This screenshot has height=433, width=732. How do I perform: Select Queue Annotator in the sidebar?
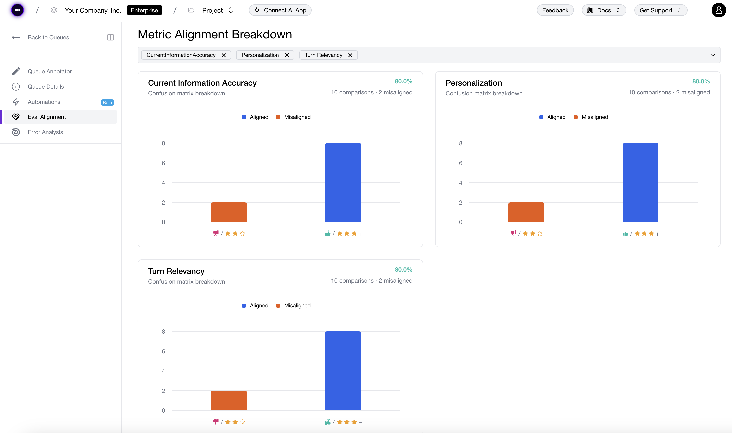pyautogui.click(x=50, y=72)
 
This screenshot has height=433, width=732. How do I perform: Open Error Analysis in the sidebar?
pyautogui.click(x=45, y=132)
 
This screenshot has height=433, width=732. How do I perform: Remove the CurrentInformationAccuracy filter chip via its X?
pyautogui.click(x=224, y=55)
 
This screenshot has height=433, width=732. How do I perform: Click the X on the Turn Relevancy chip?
pyautogui.click(x=350, y=55)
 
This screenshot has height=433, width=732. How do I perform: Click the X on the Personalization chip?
pyautogui.click(x=287, y=55)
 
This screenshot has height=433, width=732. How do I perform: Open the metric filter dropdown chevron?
pyautogui.click(x=713, y=55)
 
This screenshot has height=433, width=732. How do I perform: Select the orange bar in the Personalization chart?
pyautogui.click(x=526, y=212)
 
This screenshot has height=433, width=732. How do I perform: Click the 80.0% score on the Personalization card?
pyautogui.click(x=701, y=81)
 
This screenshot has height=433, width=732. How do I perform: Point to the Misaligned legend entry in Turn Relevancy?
pyautogui.click(x=294, y=306)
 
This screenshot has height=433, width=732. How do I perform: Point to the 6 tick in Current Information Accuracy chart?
pyautogui.click(x=163, y=163)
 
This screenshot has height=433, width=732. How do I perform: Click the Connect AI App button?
pyautogui.click(x=280, y=10)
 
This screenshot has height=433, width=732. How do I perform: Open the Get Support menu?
pyautogui.click(x=660, y=10)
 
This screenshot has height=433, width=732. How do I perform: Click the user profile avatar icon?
pyautogui.click(x=718, y=10)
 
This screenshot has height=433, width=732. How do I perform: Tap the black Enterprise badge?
pyautogui.click(x=144, y=10)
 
